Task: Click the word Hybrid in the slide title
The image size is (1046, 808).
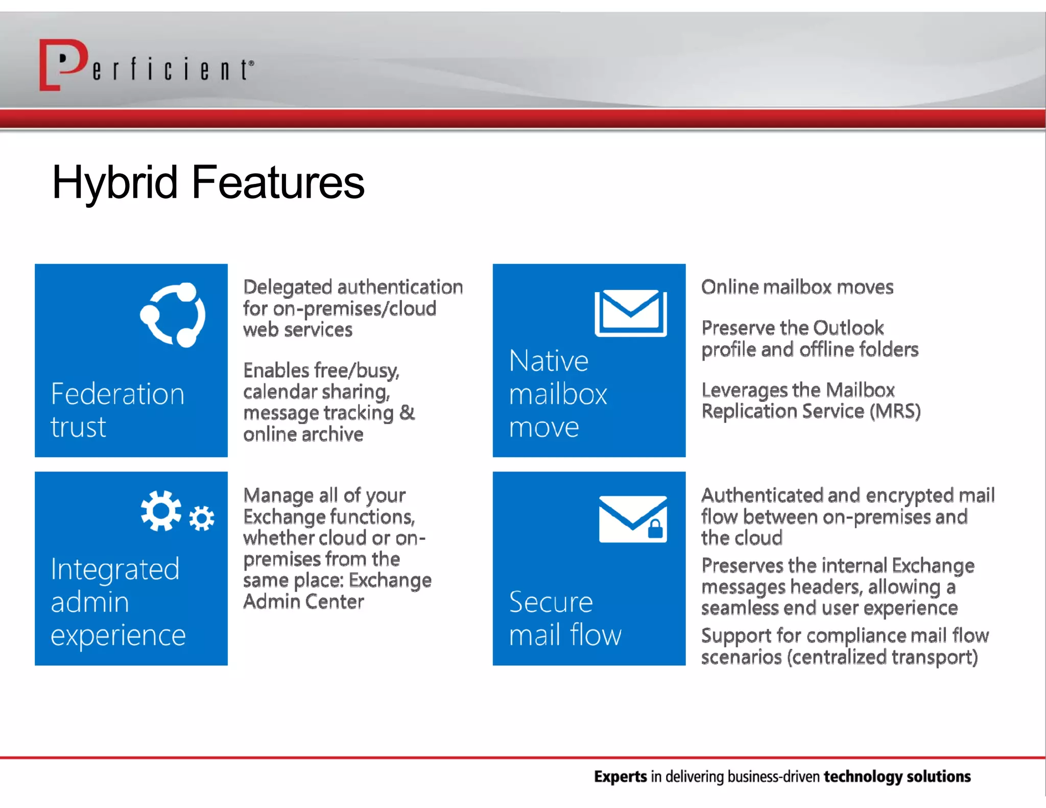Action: (115, 182)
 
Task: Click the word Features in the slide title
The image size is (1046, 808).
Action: (278, 182)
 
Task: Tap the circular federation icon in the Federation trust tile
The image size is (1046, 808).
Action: (173, 315)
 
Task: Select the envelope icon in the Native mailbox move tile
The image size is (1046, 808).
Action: (631, 313)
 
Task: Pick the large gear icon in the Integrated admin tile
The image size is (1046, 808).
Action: (161, 511)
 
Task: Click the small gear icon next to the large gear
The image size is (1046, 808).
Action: (202, 519)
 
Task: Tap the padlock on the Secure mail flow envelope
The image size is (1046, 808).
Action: (655, 529)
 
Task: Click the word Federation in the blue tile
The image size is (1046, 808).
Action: (117, 394)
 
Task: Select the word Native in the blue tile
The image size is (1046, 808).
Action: (549, 361)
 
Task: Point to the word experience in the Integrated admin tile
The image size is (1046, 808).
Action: (118, 635)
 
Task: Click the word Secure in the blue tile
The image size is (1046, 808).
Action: (551, 602)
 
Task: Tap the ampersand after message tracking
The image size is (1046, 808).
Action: (407, 413)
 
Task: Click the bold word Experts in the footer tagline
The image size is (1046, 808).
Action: (620, 777)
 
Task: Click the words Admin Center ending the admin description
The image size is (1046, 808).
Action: (303, 602)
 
